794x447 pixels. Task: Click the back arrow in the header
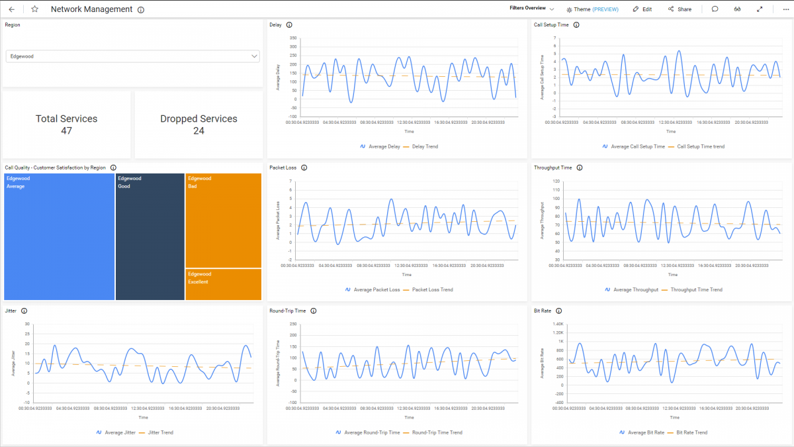(x=11, y=9)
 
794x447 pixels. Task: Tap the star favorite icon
(x=34, y=9)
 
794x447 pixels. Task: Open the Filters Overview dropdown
(x=532, y=9)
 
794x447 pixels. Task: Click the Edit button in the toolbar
(x=642, y=9)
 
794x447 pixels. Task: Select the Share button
(x=680, y=9)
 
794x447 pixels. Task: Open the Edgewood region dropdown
(x=132, y=56)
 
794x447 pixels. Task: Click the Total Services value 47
(x=66, y=131)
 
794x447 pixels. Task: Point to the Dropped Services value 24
(x=198, y=131)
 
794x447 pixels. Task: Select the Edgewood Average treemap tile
(x=59, y=237)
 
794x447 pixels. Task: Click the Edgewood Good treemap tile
(x=150, y=237)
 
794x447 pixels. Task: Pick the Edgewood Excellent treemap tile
(x=223, y=284)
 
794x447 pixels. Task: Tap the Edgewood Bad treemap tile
(x=223, y=221)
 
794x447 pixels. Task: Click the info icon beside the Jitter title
(x=24, y=311)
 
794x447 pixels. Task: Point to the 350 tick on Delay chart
(x=293, y=38)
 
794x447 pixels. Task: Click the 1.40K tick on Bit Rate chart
(x=557, y=324)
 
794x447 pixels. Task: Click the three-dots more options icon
(x=782, y=9)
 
